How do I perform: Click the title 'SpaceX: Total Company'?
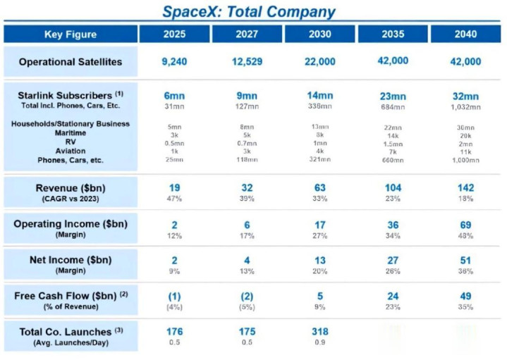(x=248, y=11)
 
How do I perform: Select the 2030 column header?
(x=319, y=34)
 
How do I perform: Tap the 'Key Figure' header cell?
(x=71, y=34)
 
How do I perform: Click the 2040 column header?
(x=465, y=34)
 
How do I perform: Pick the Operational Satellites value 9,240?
(x=174, y=62)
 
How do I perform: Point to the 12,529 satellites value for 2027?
(x=247, y=62)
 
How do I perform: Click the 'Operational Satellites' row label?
(x=71, y=62)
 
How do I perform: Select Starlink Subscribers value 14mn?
(x=319, y=95)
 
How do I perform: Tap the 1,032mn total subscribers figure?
(x=465, y=107)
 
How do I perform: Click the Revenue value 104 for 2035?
(x=393, y=188)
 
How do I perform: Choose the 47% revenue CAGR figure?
(x=174, y=199)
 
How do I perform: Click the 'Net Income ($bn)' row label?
(x=71, y=260)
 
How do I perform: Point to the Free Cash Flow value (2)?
(x=247, y=297)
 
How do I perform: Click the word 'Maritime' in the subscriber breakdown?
(x=71, y=132)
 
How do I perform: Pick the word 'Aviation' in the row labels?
(x=71, y=151)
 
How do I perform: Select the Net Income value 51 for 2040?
(x=465, y=260)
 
